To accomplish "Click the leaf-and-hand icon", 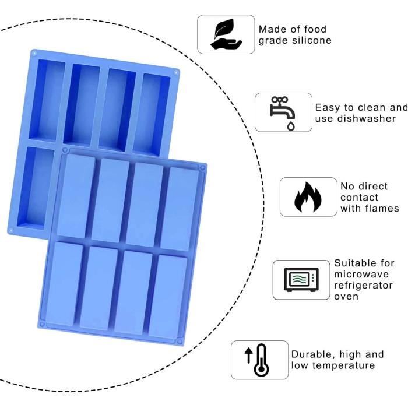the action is [226, 34].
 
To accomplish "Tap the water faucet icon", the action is [282, 112].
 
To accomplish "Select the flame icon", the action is [308, 197].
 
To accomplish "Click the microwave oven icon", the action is [301, 280].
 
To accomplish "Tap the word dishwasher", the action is [367, 119].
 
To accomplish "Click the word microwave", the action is [361, 275].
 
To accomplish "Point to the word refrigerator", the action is [363, 286].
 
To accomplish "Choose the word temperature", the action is [343, 365].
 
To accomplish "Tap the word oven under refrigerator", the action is [346, 297].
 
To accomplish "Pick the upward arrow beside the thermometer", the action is [248, 356].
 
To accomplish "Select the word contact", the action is [359, 198].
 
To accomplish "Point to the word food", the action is [315, 29].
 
